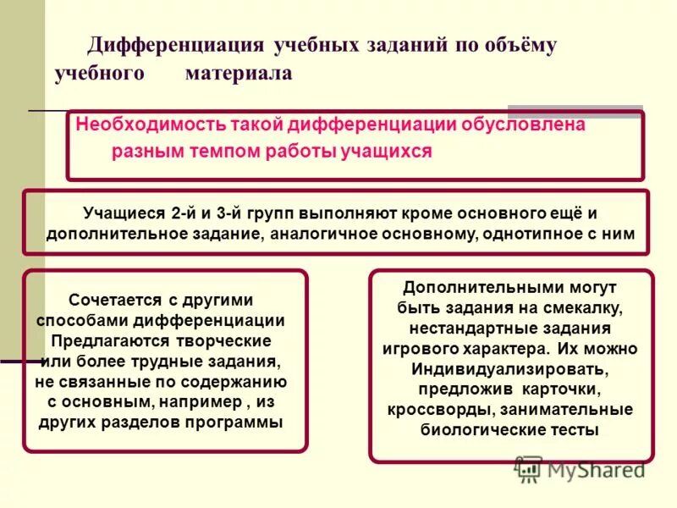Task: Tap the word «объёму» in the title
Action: click(x=517, y=46)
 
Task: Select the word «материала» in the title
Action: click(x=238, y=74)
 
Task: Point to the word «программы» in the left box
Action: click(x=237, y=422)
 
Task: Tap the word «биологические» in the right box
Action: click(x=477, y=429)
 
